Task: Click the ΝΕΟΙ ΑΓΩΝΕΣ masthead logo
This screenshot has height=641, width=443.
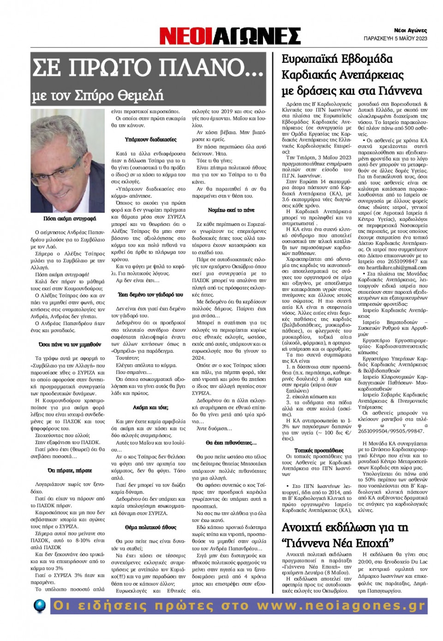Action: pyautogui.click(x=230, y=36)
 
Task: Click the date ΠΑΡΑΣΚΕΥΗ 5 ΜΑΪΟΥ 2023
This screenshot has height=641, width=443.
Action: pyautogui.click(x=395, y=39)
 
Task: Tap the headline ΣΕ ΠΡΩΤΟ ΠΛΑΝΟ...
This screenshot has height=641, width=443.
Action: pyautogui.click(x=148, y=67)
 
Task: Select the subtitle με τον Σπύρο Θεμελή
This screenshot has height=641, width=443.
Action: pyautogui.click(x=97, y=95)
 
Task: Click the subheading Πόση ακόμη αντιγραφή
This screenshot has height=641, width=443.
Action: pyautogui.click(x=70, y=219)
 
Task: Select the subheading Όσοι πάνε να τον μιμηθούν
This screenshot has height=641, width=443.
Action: pyautogui.click(x=70, y=344)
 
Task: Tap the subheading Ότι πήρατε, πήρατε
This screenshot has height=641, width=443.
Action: pyautogui.click(x=70, y=470)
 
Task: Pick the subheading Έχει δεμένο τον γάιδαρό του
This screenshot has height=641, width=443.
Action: pyautogui.click(x=150, y=294)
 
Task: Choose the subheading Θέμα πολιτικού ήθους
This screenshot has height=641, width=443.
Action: pyautogui.click(x=150, y=527)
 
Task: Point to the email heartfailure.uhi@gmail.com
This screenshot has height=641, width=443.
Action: pyautogui.click(x=392, y=267)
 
